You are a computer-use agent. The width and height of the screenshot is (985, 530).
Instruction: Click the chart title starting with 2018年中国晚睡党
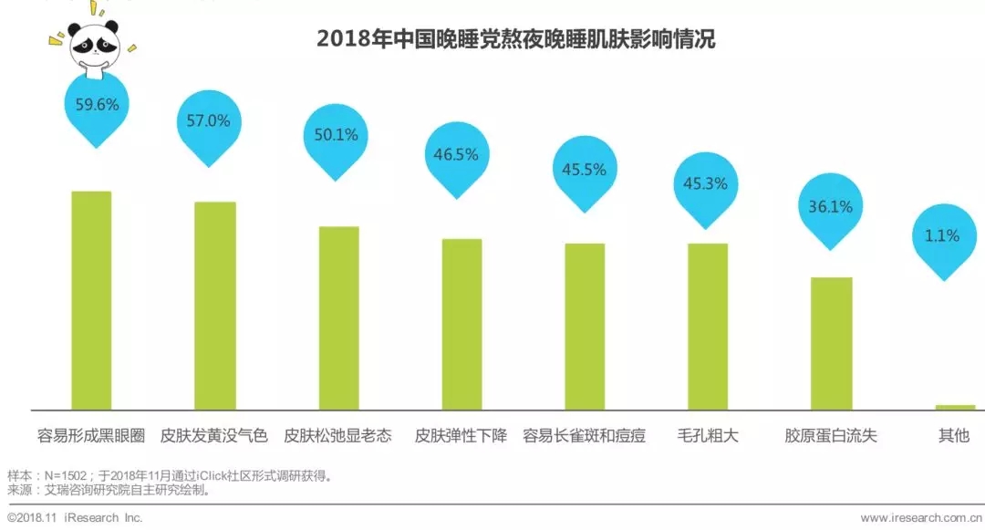click(515, 39)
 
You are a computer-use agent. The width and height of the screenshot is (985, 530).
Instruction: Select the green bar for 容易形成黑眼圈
click(91, 301)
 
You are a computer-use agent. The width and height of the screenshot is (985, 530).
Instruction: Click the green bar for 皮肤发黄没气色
click(215, 306)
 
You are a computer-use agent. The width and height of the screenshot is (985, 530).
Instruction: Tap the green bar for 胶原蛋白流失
click(831, 344)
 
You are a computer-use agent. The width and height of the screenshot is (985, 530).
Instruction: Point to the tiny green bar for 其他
click(955, 408)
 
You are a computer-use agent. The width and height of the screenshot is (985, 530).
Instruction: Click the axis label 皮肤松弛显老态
click(337, 435)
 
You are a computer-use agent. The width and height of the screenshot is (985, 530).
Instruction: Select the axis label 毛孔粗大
click(708, 435)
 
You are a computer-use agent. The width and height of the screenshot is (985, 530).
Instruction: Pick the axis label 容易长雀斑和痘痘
click(585, 435)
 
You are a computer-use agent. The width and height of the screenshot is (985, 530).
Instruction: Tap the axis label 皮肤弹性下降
click(461, 435)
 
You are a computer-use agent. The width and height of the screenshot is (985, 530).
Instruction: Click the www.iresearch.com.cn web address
click(921, 518)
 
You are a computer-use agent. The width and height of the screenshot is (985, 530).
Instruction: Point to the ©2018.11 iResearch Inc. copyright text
click(75, 518)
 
